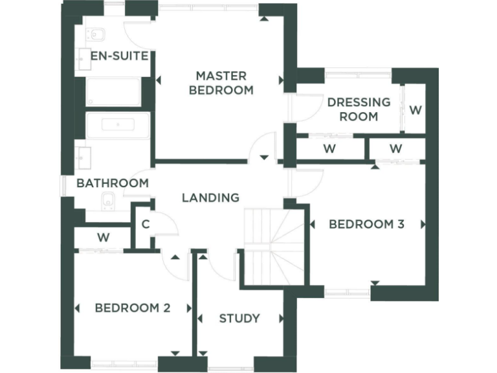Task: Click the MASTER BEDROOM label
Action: [x=221, y=83]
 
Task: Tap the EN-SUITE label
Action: [x=120, y=56]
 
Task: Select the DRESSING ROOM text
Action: [x=359, y=109]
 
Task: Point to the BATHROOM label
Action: [x=112, y=183]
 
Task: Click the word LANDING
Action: [x=210, y=198]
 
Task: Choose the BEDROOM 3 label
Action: [x=366, y=224]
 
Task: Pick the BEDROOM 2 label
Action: [x=132, y=308]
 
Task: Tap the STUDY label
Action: [x=239, y=318]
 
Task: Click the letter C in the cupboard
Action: [x=146, y=225]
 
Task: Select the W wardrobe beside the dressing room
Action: [x=415, y=109]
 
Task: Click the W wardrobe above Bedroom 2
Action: [x=103, y=238]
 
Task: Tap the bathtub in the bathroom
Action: [x=118, y=125]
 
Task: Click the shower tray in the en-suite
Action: [x=113, y=92]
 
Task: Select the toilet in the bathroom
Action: [x=108, y=201]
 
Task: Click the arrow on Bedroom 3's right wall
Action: [x=423, y=224]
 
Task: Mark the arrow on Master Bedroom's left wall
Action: [x=160, y=81]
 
